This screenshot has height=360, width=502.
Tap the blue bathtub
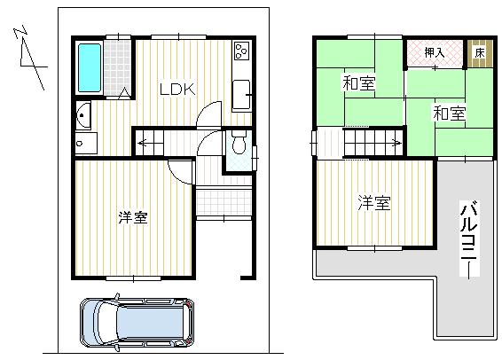pos(90,67)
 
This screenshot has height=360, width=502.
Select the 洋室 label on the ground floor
pos(132,216)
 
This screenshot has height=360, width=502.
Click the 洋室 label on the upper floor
pos(373,203)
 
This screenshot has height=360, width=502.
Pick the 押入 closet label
pos(434,52)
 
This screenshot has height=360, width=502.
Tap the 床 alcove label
pos(478,53)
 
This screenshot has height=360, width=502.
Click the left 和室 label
pos(358,85)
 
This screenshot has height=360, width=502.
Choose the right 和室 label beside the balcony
pos(448,113)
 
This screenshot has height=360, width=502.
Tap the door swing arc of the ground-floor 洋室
pos(180,170)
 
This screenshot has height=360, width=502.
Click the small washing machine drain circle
pos(81,142)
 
